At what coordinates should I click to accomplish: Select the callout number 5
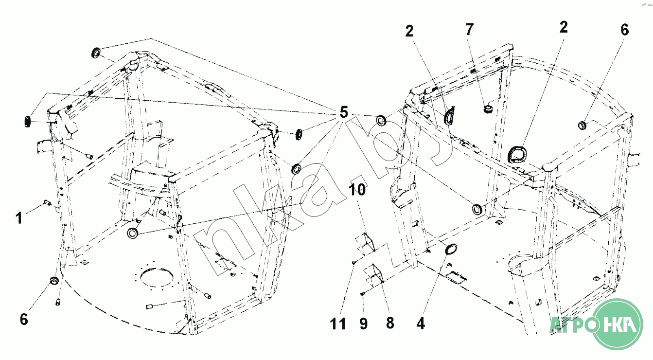[x=343, y=113]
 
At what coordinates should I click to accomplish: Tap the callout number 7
[x=469, y=30]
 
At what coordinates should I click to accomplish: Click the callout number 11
[x=339, y=324]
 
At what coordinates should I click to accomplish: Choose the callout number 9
[x=364, y=324]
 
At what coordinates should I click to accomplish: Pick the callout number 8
[x=390, y=324]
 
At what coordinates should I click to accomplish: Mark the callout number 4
[x=421, y=324]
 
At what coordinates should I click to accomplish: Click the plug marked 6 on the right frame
[x=582, y=126]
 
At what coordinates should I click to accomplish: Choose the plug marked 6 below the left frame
[x=54, y=281]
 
